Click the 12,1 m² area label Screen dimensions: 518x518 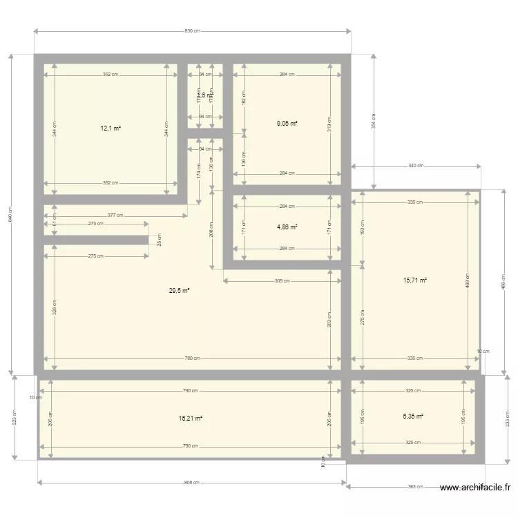tap(111, 128)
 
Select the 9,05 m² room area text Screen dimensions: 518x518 tap(287, 124)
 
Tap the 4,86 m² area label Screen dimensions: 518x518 tap(287, 227)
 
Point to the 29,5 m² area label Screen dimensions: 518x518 tap(179, 291)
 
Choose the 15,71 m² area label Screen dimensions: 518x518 tap(415, 280)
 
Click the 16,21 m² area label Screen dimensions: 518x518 tap(191, 418)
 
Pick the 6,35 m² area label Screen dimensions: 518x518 tap(413, 416)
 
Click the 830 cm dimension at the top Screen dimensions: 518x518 tap(192, 31)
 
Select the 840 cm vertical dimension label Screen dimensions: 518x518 tap(11, 215)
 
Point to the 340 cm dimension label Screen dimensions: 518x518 tap(416, 166)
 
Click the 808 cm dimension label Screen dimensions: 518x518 tap(192, 483)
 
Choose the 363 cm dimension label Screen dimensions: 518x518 tap(415, 487)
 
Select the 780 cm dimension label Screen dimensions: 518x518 tap(192, 358)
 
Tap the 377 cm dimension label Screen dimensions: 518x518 tap(115, 215)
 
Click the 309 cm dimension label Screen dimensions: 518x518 tap(282, 280)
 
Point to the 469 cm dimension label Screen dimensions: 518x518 tap(468, 283)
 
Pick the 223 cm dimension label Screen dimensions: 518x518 tap(15, 418)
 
